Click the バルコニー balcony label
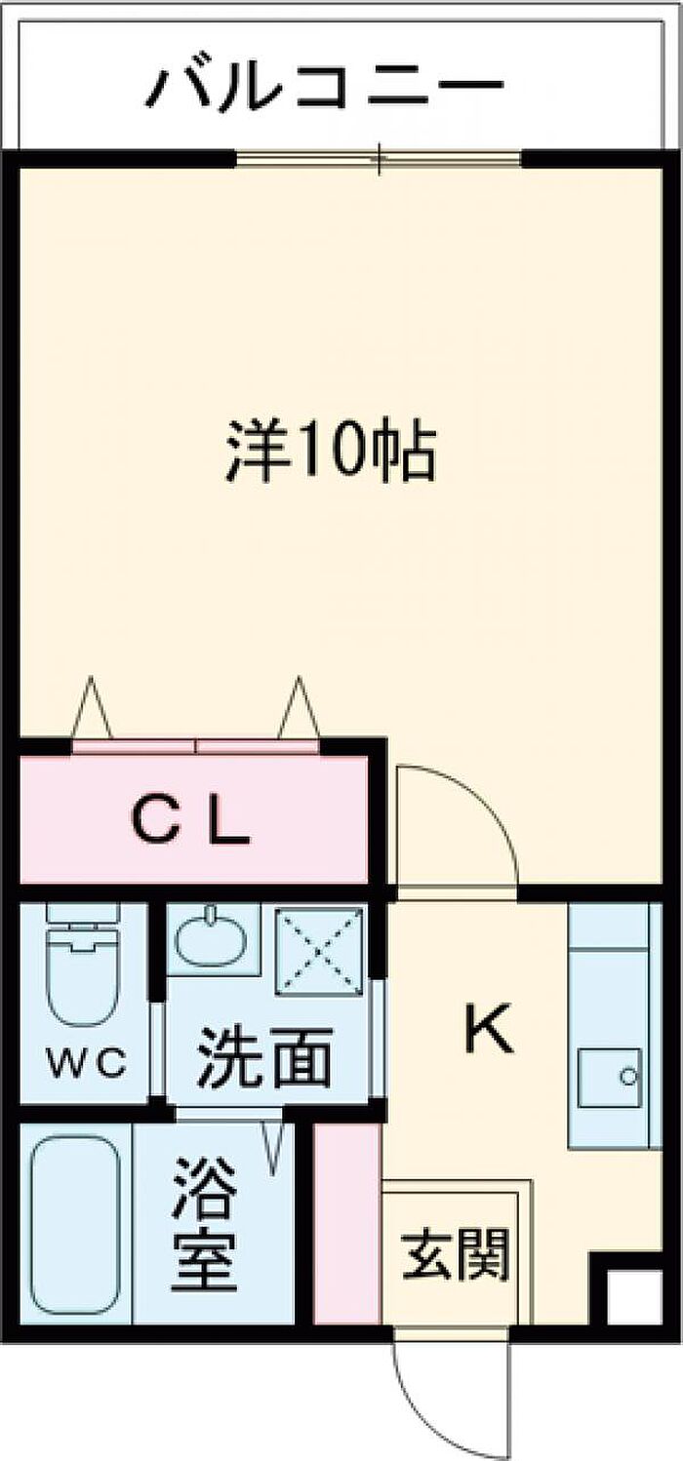pos(324,84)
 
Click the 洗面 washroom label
pos(264,1056)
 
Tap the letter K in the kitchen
pos(489,1029)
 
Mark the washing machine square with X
pos(319,952)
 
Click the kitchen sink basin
pos(609,1078)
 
